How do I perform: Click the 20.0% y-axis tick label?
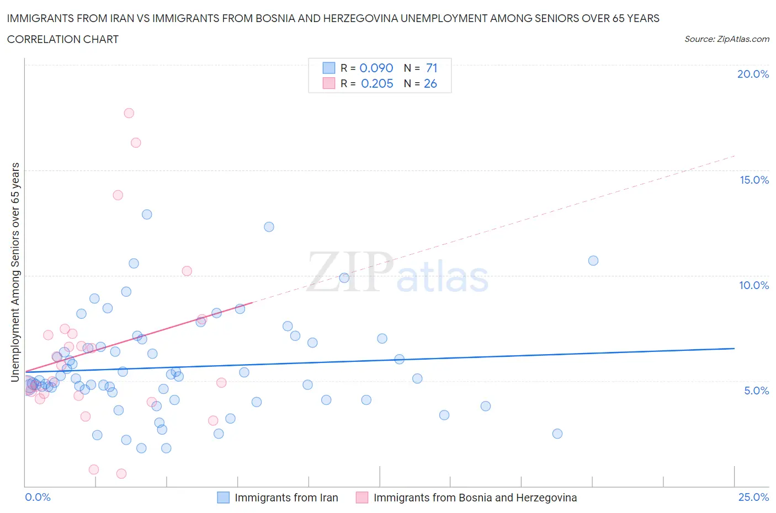(753, 74)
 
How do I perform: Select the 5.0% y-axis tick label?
(756, 391)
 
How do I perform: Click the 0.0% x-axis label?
(38, 497)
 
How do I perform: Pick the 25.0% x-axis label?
(753, 497)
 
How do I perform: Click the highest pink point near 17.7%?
(129, 113)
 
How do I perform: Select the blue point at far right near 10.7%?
(593, 260)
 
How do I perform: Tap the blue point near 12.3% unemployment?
(269, 227)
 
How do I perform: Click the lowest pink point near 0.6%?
(121, 473)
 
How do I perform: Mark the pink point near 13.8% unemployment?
(118, 195)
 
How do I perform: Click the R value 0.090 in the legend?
(376, 68)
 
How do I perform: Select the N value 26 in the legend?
(430, 83)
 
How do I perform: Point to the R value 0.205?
(377, 83)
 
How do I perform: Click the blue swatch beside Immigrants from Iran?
(223, 498)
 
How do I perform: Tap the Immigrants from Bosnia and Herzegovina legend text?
(475, 498)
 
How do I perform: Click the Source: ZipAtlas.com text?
(726, 39)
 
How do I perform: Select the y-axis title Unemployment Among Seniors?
(15, 272)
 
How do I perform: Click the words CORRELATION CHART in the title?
(63, 39)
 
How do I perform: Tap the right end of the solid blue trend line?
(734, 348)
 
